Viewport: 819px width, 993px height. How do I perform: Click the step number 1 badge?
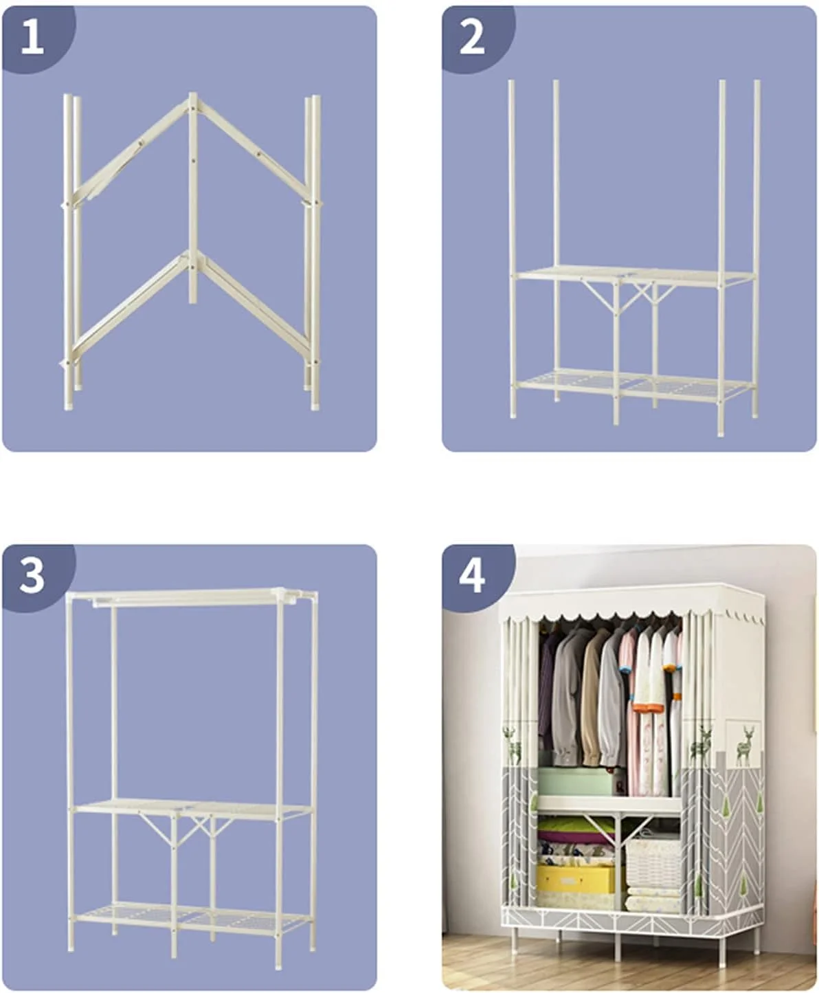[32, 37]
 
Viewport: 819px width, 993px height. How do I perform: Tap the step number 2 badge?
[472, 37]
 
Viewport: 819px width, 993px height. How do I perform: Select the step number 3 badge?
[32, 576]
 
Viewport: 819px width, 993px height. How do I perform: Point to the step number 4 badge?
[472, 576]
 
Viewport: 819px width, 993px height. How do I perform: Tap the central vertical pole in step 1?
[192, 198]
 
